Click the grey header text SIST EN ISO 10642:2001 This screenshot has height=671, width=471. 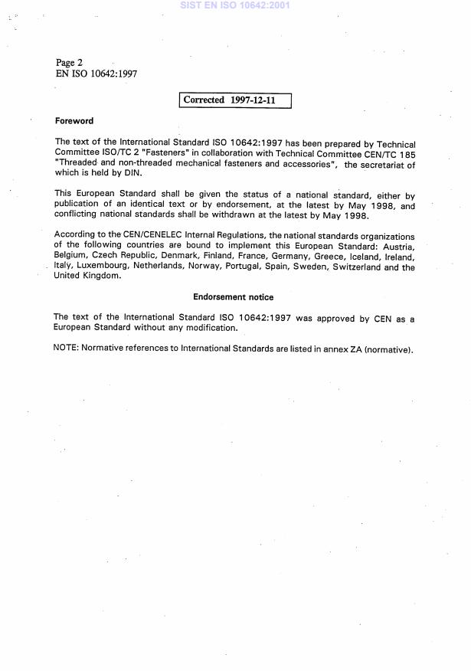[x=235, y=5]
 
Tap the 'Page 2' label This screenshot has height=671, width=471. [x=70, y=62]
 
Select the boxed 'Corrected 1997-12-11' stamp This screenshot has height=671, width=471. [x=235, y=100]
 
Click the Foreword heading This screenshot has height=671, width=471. [x=74, y=121]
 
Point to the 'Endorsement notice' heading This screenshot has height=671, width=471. [x=233, y=297]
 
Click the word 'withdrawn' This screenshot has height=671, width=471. [x=241, y=215]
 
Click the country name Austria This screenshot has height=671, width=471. [x=398, y=247]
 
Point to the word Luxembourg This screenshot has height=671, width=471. [x=103, y=267]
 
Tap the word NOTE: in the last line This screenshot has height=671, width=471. [x=67, y=349]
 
